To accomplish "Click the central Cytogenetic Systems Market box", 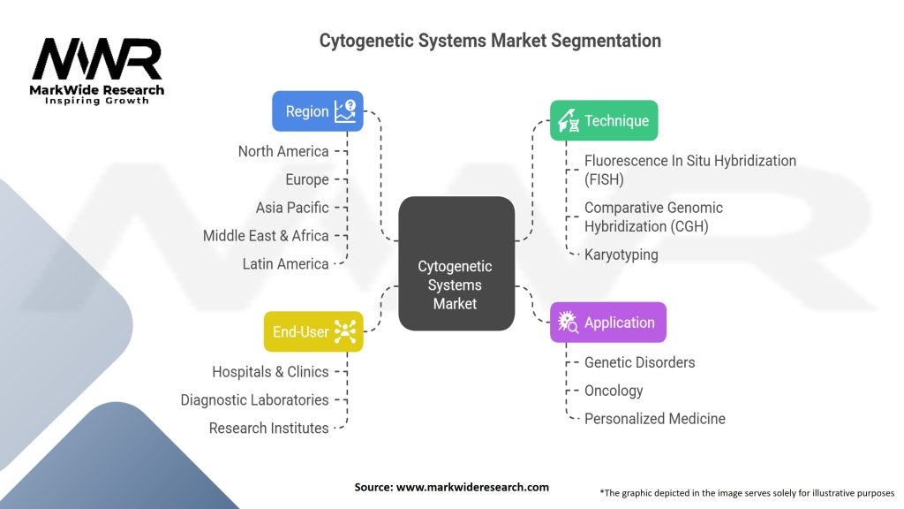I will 456,263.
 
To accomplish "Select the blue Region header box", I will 317,111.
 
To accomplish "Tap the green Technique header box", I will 604,121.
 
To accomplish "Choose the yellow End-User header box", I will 313,331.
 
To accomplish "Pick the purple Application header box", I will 607,323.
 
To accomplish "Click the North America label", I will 282,151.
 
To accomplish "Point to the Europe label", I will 306,179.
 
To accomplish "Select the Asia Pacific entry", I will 291,208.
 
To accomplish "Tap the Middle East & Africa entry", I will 265,236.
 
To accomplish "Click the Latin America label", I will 285,264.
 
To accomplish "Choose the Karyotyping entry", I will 621,254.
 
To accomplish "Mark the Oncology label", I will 614,391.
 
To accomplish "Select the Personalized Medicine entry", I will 654,419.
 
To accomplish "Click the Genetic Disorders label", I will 639,362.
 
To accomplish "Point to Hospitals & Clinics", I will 269,372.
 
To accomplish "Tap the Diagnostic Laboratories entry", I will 254,400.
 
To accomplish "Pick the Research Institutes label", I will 268,429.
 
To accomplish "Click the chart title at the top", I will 490,41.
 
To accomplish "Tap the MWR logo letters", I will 97,60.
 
